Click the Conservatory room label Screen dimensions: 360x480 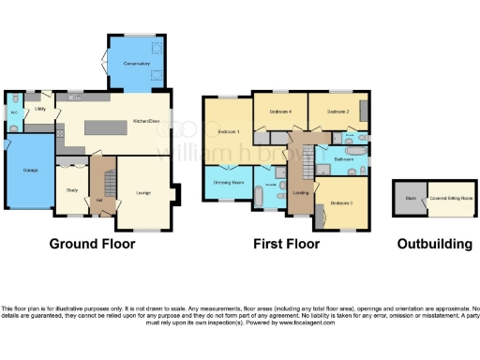click(137, 63)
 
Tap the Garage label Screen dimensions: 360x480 click(28, 170)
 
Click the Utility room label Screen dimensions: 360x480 click(41, 109)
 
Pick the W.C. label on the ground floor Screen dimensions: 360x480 click(15, 116)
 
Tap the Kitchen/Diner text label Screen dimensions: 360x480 click(145, 121)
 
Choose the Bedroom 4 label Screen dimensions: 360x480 click(280, 112)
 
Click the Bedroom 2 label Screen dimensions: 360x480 click(338, 112)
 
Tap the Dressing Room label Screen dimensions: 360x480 click(229, 181)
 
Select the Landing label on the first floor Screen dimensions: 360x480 click(300, 193)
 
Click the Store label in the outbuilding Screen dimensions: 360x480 click(410, 198)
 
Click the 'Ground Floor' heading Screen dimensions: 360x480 click(91, 244)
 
